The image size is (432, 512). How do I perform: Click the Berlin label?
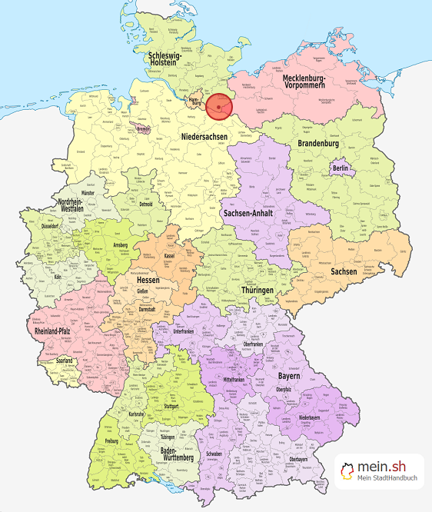(340, 168)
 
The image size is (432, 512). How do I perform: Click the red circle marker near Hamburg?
(219, 107)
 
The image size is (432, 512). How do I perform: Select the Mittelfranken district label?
(238, 379)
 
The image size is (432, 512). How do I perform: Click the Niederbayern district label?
(325, 420)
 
